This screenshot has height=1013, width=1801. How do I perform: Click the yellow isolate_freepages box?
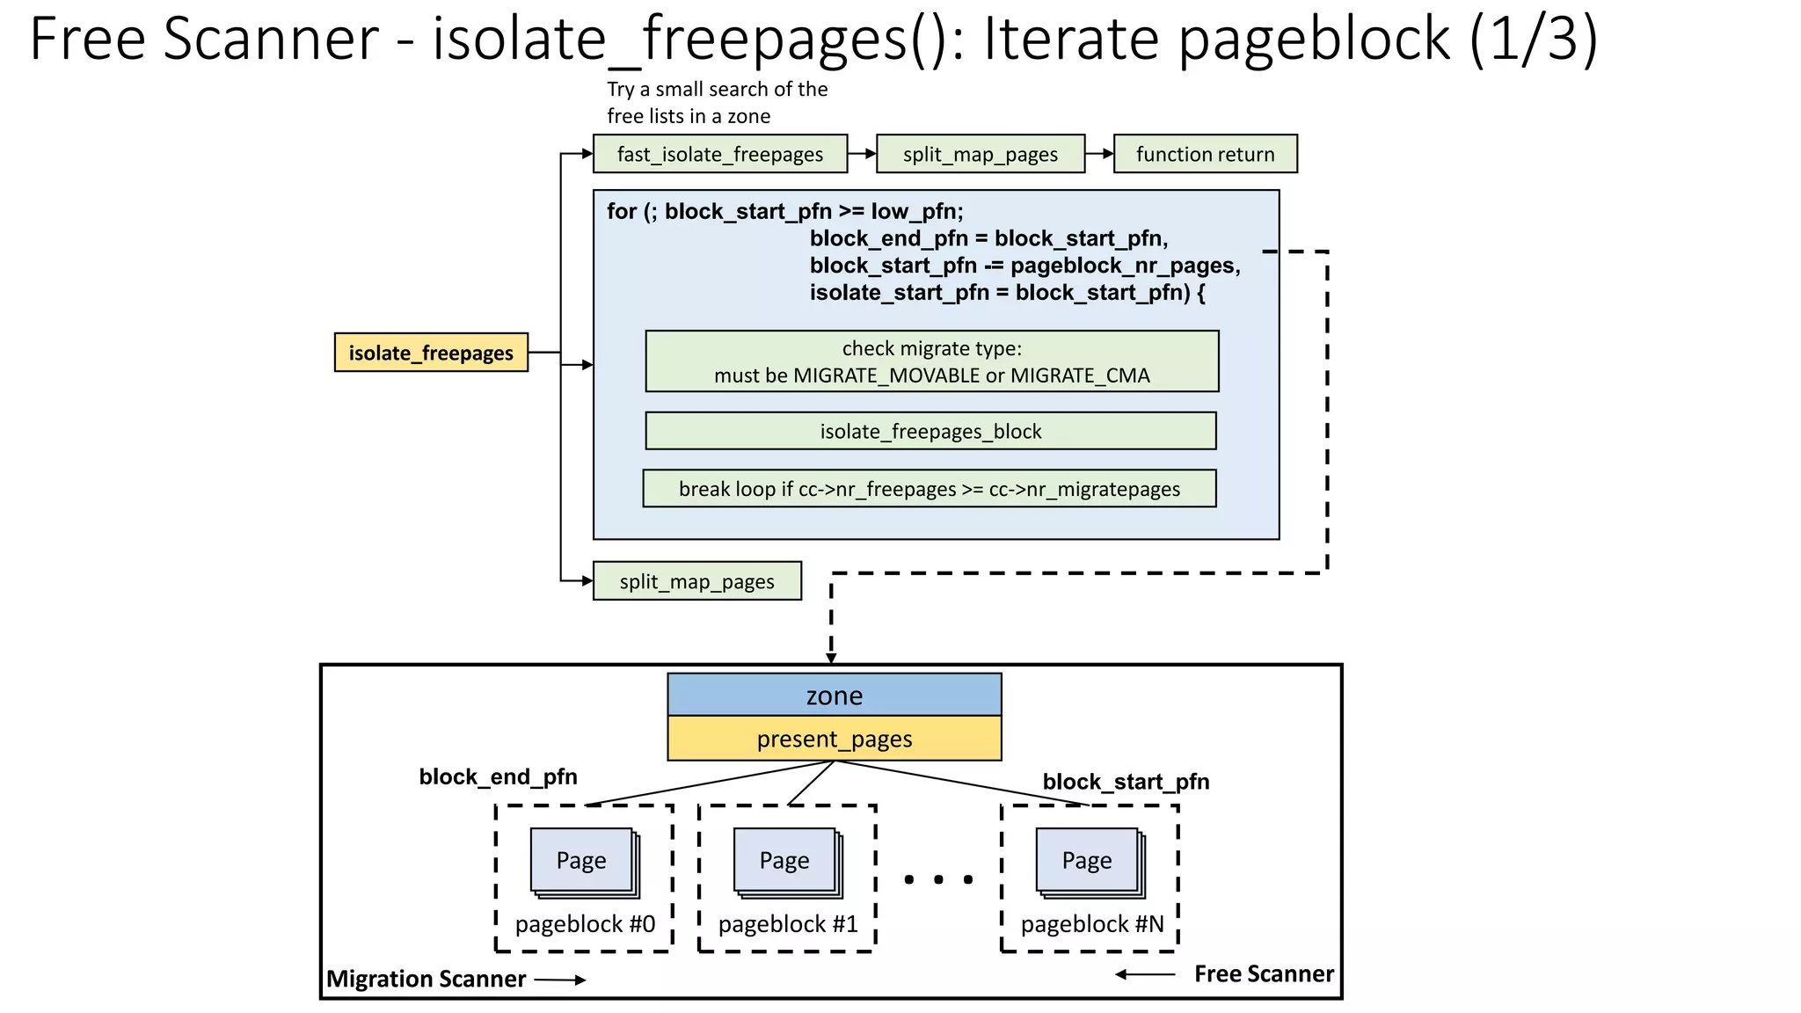(x=431, y=353)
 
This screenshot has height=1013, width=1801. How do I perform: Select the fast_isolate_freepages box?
(x=719, y=154)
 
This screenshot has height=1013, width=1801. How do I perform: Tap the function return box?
(x=1205, y=154)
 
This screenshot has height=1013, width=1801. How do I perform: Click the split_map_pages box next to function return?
(x=980, y=154)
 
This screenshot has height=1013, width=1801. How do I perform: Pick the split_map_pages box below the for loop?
(x=696, y=581)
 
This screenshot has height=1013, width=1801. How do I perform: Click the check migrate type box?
(x=931, y=361)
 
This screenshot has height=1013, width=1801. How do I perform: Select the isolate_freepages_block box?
(x=930, y=431)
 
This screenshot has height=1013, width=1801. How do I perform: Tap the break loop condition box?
(x=929, y=489)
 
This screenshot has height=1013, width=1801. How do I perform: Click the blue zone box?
(x=834, y=695)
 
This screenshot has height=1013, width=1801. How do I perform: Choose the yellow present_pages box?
(x=834, y=739)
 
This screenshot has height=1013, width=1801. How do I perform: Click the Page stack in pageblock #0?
(x=583, y=862)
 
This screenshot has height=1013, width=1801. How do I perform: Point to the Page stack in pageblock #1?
(x=786, y=862)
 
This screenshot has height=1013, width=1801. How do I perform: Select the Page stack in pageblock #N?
(x=1089, y=862)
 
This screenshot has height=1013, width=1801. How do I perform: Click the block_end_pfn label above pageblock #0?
(x=498, y=776)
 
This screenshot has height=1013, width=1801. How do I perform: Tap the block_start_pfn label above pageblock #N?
(x=1126, y=782)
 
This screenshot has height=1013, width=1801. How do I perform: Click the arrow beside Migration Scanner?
(x=560, y=980)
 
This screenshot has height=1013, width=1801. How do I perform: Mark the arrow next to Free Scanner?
(x=1145, y=974)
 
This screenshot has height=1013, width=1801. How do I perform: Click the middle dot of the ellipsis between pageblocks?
(x=939, y=879)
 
